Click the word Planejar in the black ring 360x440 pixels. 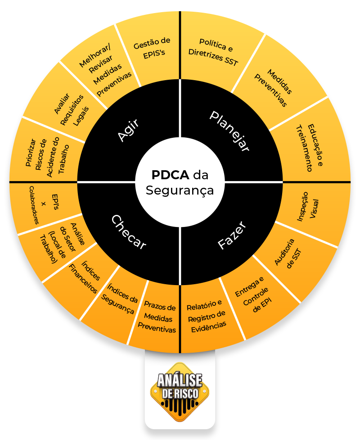229,132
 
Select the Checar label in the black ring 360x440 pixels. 129,232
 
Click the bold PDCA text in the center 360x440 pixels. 171,175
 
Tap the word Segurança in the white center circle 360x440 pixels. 180,191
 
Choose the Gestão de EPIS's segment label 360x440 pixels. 153,48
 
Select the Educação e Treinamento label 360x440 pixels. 310,148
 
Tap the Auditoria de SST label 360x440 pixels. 288,254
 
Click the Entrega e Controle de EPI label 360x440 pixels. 253,294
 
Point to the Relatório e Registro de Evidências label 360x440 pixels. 207,316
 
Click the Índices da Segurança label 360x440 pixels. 120,299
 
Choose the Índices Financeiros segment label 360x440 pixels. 85,277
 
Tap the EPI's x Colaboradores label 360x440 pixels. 44,204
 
